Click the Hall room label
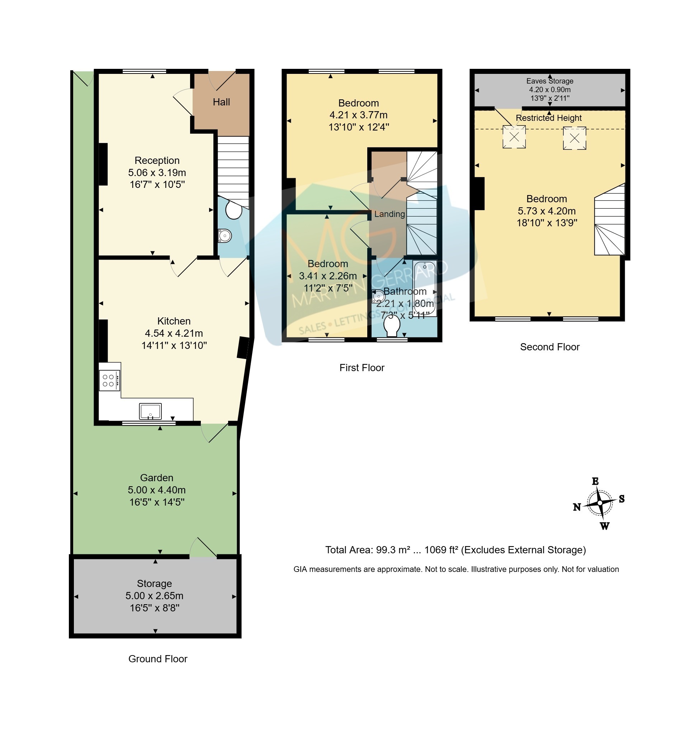221,102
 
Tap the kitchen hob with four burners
109,380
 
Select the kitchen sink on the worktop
150,411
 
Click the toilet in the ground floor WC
233,210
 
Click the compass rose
599,503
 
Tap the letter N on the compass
577,507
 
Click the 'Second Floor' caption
549,347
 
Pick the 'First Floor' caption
362,368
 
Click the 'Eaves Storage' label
549,81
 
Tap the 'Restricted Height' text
548,118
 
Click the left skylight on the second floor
514,137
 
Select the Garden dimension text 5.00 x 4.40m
156,490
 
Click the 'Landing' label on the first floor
389,214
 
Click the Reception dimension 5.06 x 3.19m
157,172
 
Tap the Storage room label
154,583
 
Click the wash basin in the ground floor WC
225,236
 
